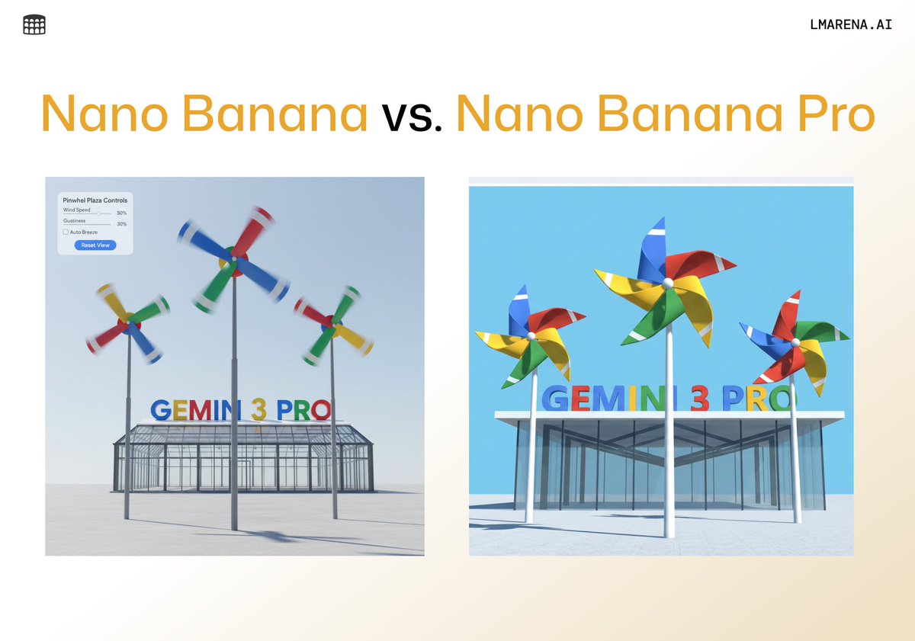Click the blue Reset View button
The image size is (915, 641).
95,245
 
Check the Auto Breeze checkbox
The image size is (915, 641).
66,232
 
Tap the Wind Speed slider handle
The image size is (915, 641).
98,213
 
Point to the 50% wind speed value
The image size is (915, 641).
122,213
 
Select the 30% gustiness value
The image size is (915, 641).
122,224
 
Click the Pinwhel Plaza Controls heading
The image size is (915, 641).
95,200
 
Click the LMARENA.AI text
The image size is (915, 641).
851,24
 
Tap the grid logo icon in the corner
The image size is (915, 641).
34,24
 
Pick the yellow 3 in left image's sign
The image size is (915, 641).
259,410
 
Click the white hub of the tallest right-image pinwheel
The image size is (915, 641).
668,282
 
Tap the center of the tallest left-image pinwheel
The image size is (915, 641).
232,261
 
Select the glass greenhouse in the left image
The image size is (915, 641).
244,457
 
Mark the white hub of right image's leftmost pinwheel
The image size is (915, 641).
531,334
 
